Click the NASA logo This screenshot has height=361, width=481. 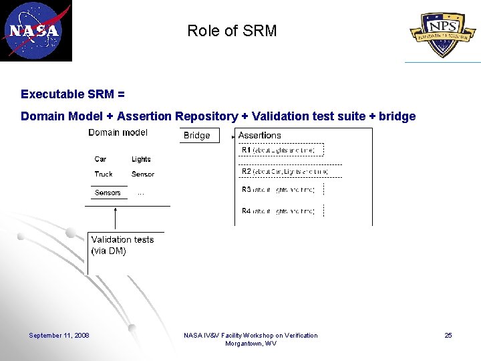(x=36, y=31)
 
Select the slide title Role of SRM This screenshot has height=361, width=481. (x=232, y=31)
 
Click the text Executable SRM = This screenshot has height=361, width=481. (x=73, y=94)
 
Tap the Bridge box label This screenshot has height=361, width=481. (x=196, y=136)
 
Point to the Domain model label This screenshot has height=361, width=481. (x=118, y=132)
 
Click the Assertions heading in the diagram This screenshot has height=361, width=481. (x=259, y=135)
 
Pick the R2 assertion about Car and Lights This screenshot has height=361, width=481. (x=285, y=172)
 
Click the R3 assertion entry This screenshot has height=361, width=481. (x=278, y=190)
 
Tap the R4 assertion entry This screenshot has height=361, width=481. (x=278, y=211)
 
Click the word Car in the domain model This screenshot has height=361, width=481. (x=100, y=159)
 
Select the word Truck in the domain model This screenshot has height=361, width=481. (x=104, y=174)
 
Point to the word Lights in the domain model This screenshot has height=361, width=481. (x=141, y=159)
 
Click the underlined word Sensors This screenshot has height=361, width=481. (x=108, y=193)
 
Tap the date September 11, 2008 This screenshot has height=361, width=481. (x=59, y=336)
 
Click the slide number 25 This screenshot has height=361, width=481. (x=448, y=336)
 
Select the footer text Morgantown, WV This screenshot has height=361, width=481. (x=251, y=344)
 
